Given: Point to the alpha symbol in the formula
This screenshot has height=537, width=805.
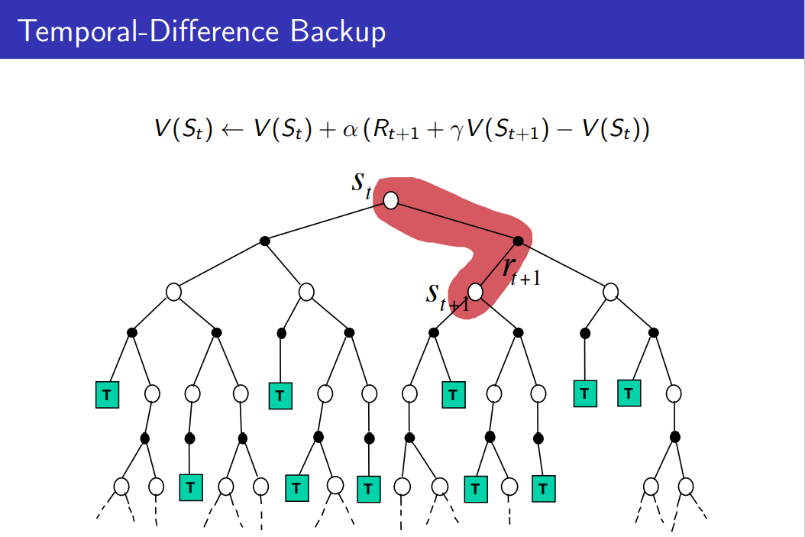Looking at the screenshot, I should coord(351,131).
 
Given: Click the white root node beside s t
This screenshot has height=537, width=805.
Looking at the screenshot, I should coord(391,200).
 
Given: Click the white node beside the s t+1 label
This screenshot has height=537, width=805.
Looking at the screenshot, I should coord(476,292).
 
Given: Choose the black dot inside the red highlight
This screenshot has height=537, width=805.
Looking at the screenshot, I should coord(518,241).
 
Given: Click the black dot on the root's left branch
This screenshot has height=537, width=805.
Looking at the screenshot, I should coord(264,241).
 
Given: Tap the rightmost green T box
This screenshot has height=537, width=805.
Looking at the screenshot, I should coord(629,393).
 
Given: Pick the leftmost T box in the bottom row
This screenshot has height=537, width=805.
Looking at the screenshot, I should coord(191,486).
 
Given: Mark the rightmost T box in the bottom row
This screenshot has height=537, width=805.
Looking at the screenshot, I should coord(542,487).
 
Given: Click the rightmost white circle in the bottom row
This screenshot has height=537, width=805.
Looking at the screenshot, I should coord(686,486).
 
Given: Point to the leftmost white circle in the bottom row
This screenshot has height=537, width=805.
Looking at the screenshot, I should coord(121,486).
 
